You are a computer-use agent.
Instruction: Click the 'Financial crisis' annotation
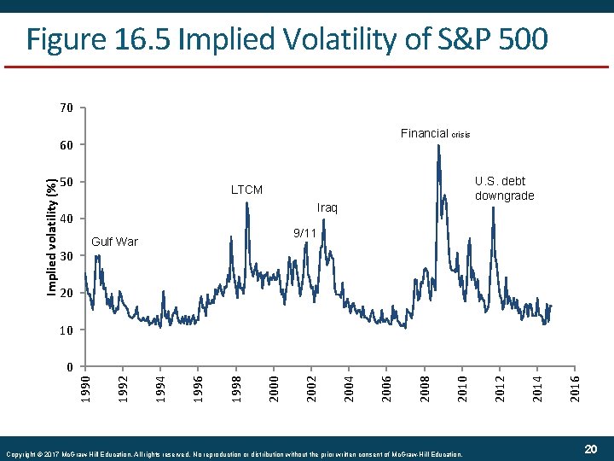[x=435, y=134]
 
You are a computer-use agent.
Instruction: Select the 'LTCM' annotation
[x=247, y=190]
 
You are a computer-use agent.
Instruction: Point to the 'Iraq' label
[x=327, y=208]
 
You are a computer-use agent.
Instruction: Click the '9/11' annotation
[x=305, y=232]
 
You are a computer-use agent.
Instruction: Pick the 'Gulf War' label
[x=114, y=242]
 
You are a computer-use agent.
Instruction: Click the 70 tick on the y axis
[x=67, y=108]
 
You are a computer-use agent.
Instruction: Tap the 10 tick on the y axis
[x=67, y=330]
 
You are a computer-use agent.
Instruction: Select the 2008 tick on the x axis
[x=424, y=380]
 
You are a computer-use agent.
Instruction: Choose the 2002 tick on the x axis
[x=311, y=380]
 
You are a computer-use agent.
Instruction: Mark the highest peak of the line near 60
[x=438, y=146]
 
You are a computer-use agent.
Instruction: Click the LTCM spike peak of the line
[x=246, y=203]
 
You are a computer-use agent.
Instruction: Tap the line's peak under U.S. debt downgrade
[x=493, y=207]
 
